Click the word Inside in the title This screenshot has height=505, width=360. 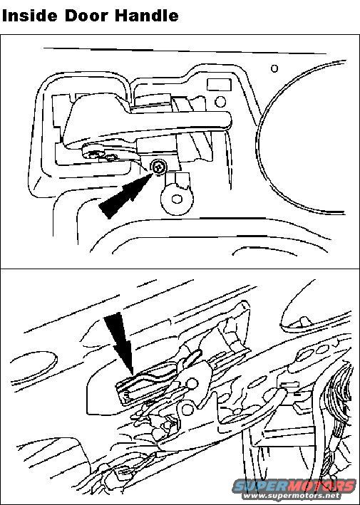(30, 15)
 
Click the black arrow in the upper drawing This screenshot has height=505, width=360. (125, 195)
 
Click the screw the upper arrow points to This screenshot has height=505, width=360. (159, 167)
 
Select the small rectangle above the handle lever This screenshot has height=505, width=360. (219, 85)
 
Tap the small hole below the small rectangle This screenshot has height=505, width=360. (220, 102)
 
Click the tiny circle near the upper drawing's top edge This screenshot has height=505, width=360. (274, 68)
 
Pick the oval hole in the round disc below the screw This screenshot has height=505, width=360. (177, 199)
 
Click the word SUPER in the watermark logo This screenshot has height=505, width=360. (254, 486)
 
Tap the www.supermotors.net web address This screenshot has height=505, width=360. (292, 495)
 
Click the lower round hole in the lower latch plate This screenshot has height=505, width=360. (187, 410)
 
